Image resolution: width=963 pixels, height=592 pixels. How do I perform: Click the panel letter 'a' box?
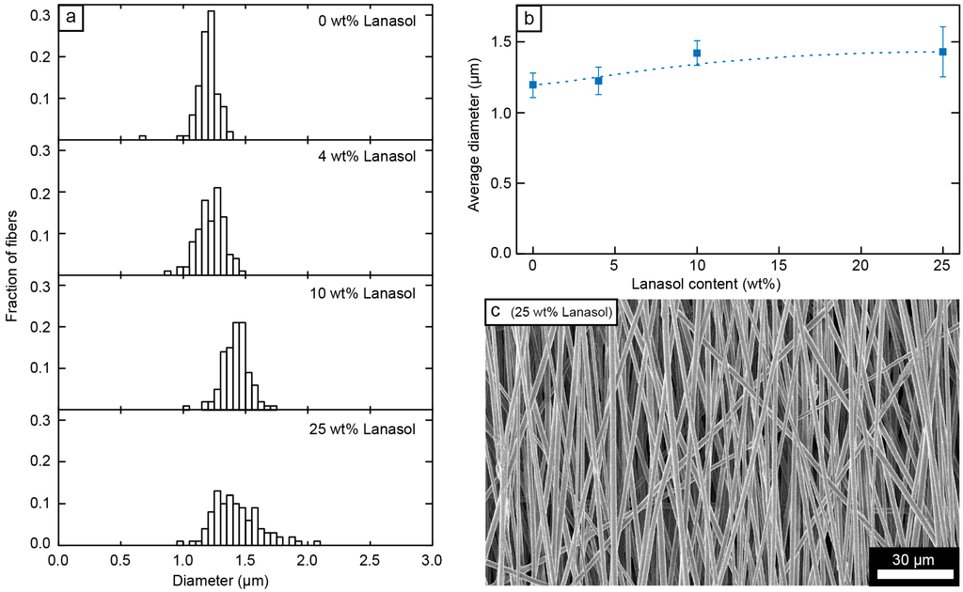click(x=71, y=19)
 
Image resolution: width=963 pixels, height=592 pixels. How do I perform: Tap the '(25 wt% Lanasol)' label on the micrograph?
click(x=561, y=312)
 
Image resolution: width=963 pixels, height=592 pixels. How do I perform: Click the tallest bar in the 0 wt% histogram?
click(x=211, y=75)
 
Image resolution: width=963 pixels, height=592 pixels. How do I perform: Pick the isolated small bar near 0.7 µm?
click(x=142, y=137)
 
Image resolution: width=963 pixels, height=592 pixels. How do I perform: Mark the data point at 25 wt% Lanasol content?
click(x=942, y=52)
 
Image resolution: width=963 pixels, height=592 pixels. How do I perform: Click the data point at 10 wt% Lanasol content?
click(x=697, y=53)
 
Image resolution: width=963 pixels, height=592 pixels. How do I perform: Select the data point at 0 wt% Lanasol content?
click(x=533, y=85)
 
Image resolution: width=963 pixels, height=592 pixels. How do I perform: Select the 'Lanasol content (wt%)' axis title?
click(x=738, y=282)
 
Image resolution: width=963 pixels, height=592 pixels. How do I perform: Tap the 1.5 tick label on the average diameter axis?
click(x=503, y=42)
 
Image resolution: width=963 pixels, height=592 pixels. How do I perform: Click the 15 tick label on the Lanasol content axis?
click(x=779, y=266)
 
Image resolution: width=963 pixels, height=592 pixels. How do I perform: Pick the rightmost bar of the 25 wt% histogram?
click(x=317, y=543)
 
